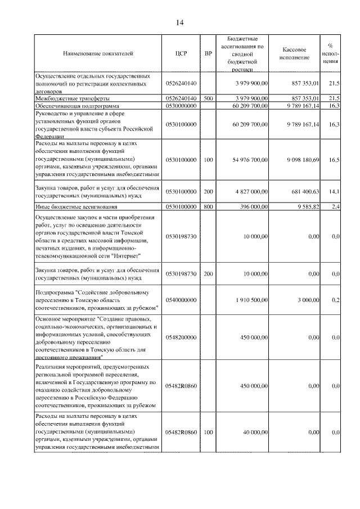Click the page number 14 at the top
tap(179, 22)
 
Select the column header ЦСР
tap(181, 54)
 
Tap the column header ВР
tap(209, 54)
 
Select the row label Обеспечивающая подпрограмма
tap(77, 105)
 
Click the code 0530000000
tap(181, 105)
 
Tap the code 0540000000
tap(181, 300)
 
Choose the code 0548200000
tap(181, 337)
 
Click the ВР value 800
tap(209, 207)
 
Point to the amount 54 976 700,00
tap(250, 160)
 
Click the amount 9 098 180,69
tap(303, 160)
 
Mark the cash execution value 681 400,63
tap(306, 192)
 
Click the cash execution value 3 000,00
tap(308, 300)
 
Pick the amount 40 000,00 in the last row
tap(255, 432)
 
